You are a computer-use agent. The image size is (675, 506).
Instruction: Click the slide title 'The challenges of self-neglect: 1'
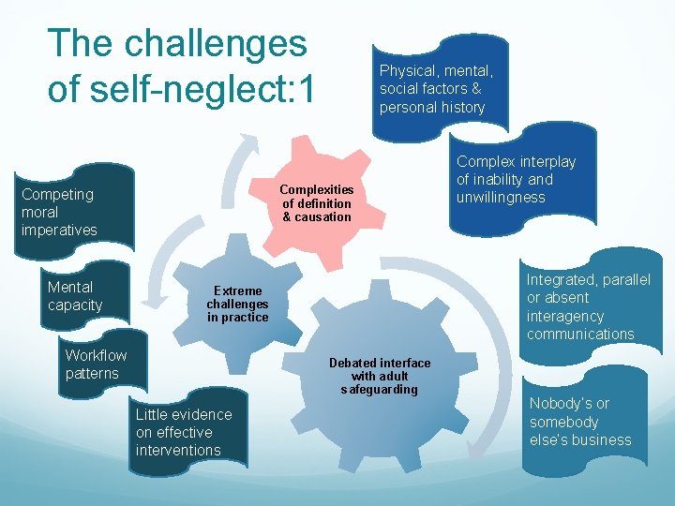tap(183, 66)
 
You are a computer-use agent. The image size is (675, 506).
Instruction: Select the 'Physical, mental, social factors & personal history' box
tap(436, 89)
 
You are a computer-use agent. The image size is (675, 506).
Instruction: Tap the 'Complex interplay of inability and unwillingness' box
tap(516, 179)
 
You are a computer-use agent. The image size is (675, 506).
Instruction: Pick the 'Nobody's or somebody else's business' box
tap(580, 422)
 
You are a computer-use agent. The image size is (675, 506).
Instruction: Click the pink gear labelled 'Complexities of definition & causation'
tap(317, 203)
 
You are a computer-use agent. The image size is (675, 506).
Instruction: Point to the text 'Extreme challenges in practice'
tap(237, 304)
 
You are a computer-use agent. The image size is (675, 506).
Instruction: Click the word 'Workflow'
tap(96, 355)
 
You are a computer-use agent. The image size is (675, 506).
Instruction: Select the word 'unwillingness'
tap(501, 197)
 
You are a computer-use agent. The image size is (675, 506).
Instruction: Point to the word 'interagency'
tap(565, 316)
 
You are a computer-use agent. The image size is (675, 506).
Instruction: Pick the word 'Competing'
tap(57, 194)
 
